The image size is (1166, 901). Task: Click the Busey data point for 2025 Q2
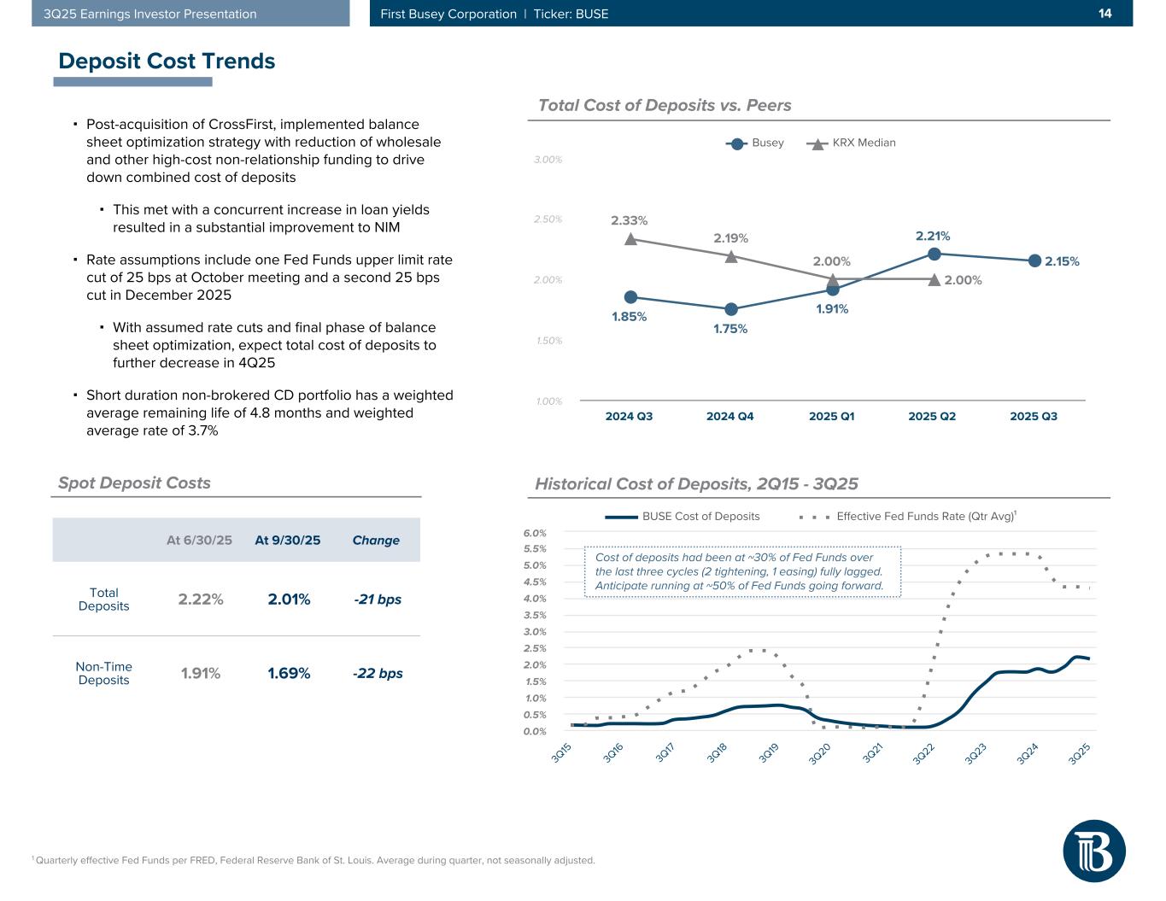934,254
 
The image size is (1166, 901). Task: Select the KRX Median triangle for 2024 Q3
630,239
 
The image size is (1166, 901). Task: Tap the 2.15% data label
1062,261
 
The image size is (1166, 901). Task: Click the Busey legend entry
755,143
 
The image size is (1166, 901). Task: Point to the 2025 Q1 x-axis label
831,417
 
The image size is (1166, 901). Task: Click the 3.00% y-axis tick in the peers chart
548,160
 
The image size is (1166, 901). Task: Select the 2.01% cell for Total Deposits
289,599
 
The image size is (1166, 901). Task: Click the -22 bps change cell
378,673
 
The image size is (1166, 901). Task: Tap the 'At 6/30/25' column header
199,540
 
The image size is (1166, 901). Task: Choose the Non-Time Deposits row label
103,673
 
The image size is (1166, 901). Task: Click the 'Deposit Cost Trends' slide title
167,61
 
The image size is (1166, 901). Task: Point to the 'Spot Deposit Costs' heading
134,483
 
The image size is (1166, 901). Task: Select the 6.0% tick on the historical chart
534,532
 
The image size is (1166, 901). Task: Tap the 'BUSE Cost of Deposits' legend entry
683,516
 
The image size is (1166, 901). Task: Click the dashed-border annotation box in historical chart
742,571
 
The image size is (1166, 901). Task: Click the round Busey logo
1094,850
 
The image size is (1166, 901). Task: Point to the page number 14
1104,14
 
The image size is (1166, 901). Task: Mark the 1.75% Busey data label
730,329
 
